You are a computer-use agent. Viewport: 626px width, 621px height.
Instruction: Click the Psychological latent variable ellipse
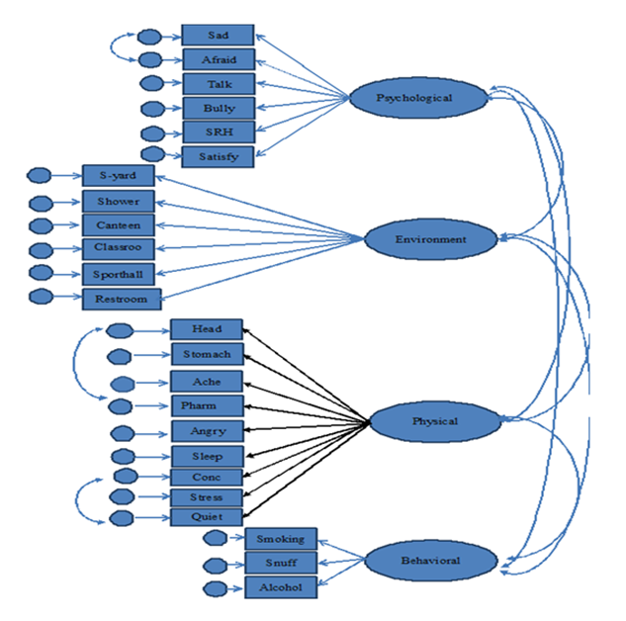point(414,98)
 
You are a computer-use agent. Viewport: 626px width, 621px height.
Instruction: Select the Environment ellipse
point(430,238)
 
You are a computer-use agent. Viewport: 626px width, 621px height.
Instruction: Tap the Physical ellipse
point(435,422)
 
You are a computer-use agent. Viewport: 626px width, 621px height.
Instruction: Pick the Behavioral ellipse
point(429,561)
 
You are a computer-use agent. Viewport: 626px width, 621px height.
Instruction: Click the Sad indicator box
point(218,36)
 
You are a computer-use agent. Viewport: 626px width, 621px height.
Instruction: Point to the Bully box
point(218,108)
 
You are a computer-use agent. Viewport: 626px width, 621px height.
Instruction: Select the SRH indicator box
point(218,132)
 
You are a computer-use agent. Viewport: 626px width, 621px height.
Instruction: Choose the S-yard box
point(118,176)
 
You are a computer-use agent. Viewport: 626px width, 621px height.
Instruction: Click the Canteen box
point(118,224)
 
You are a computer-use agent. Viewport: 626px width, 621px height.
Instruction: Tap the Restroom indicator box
point(122,298)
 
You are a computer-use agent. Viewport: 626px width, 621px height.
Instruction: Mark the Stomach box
point(207,354)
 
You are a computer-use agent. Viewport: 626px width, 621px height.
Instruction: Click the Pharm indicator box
point(207,405)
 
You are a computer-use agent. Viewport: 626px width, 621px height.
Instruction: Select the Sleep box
point(207,456)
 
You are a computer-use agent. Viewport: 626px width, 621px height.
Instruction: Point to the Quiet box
point(207,516)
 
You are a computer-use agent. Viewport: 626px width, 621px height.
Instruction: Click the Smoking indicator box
point(280,539)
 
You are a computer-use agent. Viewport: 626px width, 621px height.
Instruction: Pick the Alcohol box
point(280,587)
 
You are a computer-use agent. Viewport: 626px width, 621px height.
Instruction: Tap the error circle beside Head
point(120,331)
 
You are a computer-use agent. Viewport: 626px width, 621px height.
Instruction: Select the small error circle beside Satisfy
point(152,154)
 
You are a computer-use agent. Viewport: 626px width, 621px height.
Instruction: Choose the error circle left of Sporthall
point(42,272)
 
